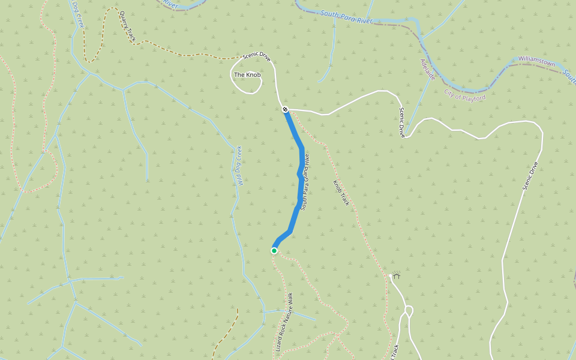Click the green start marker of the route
coord(274,251)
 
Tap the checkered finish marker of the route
coord(285,109)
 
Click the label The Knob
coord(247,75)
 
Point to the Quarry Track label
coord(127,26)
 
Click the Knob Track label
coord(341,193)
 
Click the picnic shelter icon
coord(397,275)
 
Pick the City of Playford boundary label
coord(465,94)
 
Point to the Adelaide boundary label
coord(427,70)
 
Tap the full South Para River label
coord(346,16)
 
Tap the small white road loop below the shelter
coord(409,310)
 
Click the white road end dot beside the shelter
coord(390,275)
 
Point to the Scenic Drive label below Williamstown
coord(530,176)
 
